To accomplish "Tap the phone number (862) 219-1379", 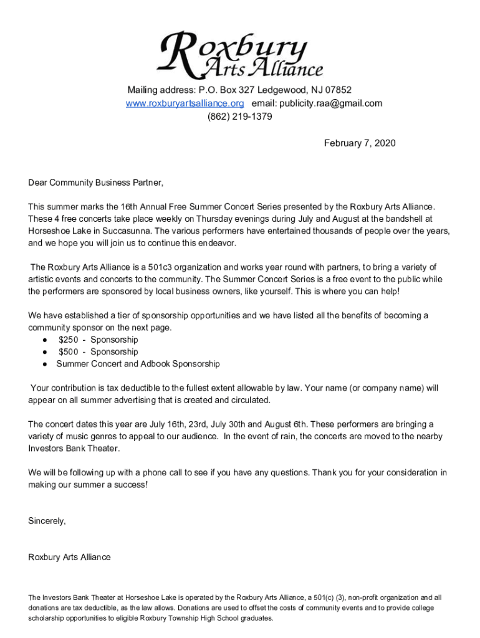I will (240, 117).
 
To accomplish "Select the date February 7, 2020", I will (360, 143).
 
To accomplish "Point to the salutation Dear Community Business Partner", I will (95, 183).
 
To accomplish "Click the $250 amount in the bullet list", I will (68, 340).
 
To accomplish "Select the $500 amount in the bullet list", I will (68, 352).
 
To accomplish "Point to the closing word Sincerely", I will (47, 520).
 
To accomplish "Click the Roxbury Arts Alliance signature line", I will (69, 557).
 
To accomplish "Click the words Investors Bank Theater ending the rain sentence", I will (74, 449).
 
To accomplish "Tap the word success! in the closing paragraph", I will (130, 485).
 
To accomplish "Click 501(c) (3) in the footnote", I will (315, 598).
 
